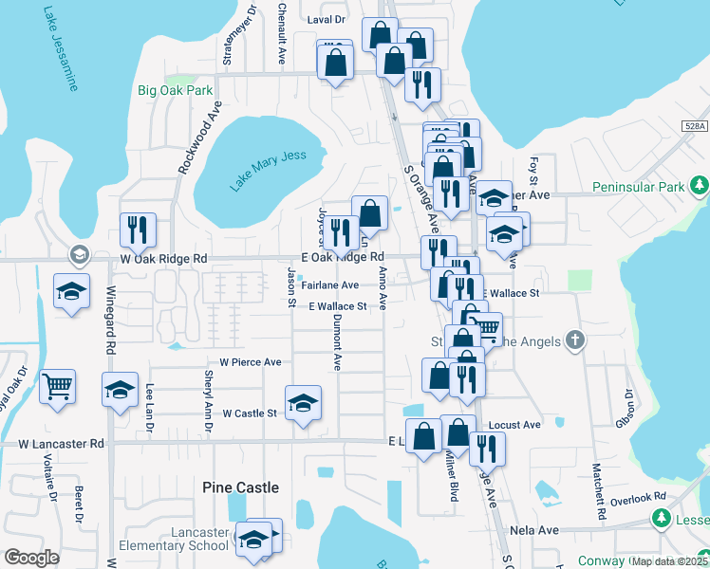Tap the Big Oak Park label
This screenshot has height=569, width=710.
(x=175, y=91)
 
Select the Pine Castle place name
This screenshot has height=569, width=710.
(x=241, y=487)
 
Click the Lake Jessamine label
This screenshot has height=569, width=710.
(x=60, y=50)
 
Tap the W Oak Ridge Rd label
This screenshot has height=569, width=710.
(x=163, y=258)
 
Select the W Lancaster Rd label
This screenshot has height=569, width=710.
(x=61, y=443)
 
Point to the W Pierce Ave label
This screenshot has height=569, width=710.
(x=251, y=362)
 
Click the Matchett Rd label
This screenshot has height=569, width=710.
(x=600, y=489)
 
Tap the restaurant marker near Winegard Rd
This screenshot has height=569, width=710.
(x=138, y=229)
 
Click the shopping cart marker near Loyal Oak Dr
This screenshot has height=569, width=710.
(x=58, y=386)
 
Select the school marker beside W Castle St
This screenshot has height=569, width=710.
(x=303, y=402)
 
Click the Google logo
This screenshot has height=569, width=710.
(x=31, y=558)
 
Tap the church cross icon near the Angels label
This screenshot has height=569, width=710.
(x=573, y=340)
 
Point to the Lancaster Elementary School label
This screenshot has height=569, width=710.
(x=181, y=539)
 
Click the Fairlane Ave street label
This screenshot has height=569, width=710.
(x=329, y=284)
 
